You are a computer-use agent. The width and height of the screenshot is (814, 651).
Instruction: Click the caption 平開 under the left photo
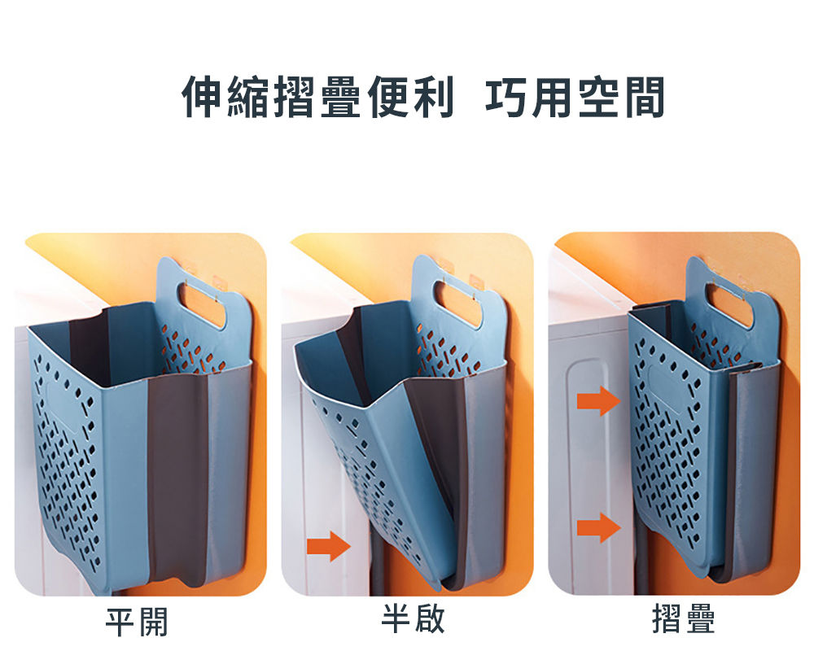[x=137, y=622]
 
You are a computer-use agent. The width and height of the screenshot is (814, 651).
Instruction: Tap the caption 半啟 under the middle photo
[x=414, y=618]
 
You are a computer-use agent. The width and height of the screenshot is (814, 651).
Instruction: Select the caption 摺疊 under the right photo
[x=683, y=618]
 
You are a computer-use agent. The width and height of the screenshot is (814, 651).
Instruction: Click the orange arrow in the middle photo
[x=329, y=546]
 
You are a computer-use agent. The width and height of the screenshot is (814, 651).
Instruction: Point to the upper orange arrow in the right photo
[x=598, y=401]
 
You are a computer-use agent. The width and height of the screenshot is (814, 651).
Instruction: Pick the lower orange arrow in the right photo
[x=598, y=527]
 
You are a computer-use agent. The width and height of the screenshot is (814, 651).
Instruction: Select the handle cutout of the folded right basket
[x=729, y=304]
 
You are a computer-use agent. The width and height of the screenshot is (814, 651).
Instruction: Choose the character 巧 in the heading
[x=506, y=97]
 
